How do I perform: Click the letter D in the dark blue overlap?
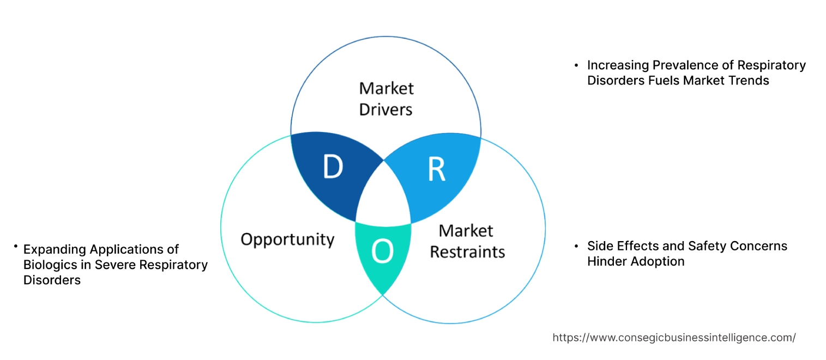(333, 167)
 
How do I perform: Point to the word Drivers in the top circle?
(385, 109)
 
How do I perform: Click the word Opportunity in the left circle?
(287, 239)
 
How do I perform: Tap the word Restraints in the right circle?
(467, 251)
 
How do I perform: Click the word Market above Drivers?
(387, 88)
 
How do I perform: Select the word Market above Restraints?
(466, 230)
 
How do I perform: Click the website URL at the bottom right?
(674, 338)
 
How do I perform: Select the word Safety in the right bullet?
(707, 246)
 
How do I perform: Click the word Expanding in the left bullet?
(55, 249)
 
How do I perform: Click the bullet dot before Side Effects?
(576, 246)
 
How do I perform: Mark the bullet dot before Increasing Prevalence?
(576, 65)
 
